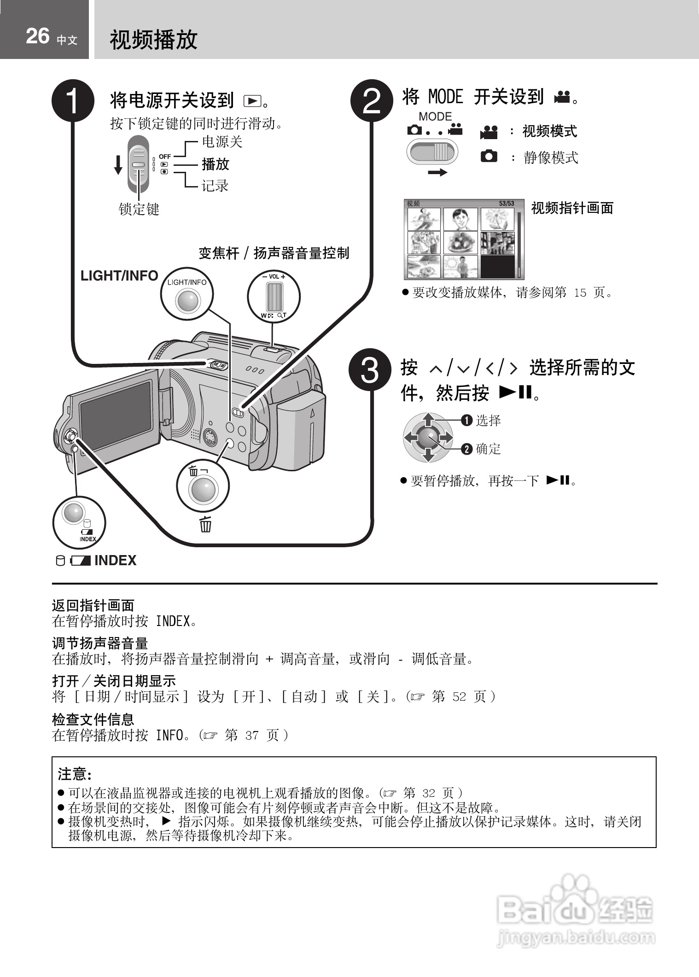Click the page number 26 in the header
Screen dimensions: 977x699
38,36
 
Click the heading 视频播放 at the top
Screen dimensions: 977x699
153,40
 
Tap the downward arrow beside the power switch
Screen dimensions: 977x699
118,165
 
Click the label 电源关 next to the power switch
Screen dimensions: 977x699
222,142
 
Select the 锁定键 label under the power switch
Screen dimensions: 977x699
139,210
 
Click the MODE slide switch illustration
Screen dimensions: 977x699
432,152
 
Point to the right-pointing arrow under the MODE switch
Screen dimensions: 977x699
437,173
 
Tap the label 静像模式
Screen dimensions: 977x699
551,158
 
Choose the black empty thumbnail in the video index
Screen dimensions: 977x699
497,267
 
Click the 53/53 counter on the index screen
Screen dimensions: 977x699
507,203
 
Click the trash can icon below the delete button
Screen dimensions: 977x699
205,525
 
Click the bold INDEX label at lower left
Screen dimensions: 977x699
115,561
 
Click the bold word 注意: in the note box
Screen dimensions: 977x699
75,774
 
